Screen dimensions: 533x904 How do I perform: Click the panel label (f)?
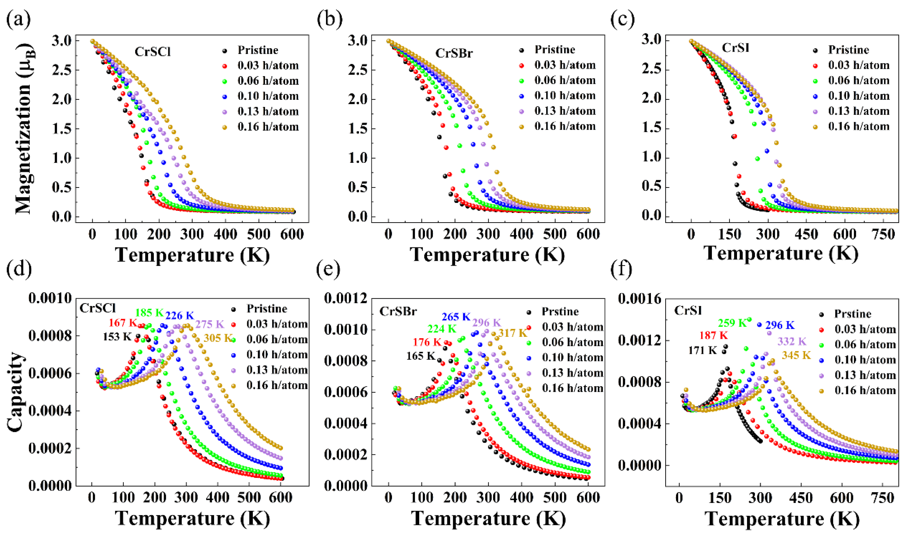621,270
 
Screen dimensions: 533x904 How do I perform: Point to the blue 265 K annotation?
456,317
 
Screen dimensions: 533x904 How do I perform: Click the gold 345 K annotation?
796,355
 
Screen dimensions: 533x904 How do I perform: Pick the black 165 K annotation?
421,356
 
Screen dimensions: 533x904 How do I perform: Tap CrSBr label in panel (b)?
454,53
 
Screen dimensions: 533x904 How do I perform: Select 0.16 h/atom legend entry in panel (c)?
859,126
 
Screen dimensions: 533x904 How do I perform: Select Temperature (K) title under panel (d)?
192,518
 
